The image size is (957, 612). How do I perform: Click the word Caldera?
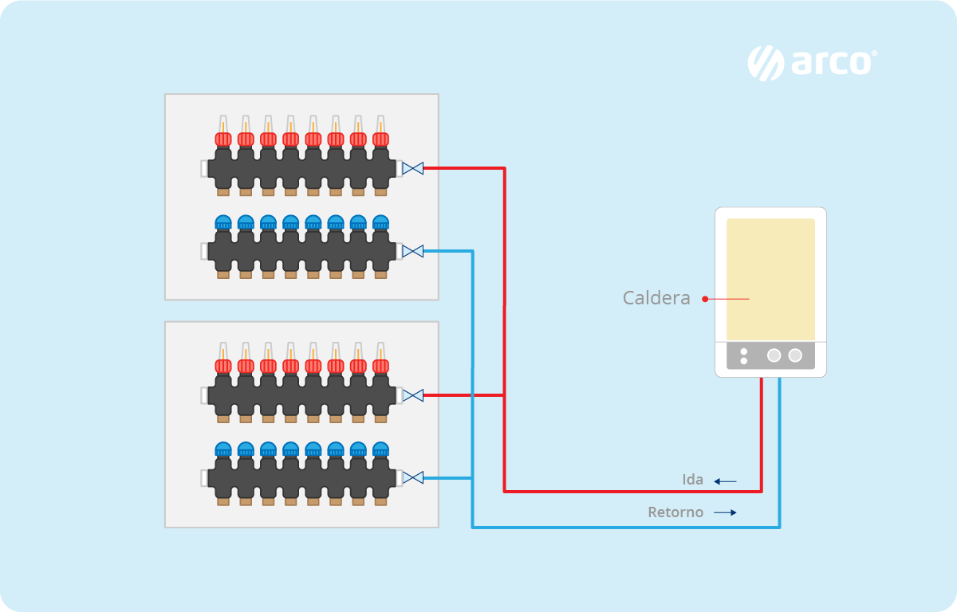coord(656,299)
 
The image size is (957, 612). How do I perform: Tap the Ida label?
coord(693,480)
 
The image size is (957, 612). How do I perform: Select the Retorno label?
coord(675,512)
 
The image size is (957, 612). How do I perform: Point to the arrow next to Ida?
coord(725,481)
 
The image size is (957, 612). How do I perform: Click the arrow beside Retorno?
coord(725,513)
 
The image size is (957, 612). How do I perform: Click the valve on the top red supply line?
coord(412,168)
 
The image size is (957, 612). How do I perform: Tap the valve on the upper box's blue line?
coord(412,252)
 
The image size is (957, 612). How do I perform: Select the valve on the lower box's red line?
coord(412,395)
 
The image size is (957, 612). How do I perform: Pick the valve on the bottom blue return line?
coord(412,478)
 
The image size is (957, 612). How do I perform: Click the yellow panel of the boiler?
coord(770,279)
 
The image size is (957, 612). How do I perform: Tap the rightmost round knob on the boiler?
coord(795,355)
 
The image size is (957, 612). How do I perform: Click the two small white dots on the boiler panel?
coord(744,355)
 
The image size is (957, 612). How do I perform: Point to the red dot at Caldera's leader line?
coord(705,299)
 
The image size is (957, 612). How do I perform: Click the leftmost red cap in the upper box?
coord(223,139)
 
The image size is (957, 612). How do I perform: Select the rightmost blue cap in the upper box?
coord(380,222)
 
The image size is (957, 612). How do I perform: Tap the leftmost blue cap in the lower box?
coord(223,449)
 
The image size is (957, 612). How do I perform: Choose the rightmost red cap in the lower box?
coord(380,366)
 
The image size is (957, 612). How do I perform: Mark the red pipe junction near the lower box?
coord(504,395)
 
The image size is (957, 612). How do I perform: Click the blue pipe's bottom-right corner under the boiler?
coord(779,527)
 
